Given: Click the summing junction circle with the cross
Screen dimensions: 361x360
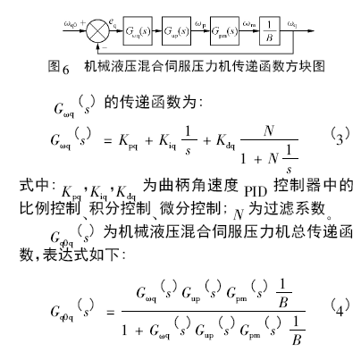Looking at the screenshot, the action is point(98,31).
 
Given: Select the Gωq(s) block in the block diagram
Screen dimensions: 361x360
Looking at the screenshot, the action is point(138,31).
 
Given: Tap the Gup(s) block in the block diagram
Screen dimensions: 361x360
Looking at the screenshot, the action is point(176,31).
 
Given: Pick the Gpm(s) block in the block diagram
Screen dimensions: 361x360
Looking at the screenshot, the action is point(224,31).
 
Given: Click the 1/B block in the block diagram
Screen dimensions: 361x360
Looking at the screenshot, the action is point(270,31).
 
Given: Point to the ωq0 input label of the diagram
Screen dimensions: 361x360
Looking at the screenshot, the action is point(71,23).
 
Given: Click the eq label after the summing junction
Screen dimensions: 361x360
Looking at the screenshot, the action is point(113,22).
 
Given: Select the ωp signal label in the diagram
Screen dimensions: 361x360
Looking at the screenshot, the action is point(200,24).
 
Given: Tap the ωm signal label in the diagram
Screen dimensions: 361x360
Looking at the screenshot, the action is point(249,24).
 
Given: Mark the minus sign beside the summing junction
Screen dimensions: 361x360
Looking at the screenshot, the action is point(105,47).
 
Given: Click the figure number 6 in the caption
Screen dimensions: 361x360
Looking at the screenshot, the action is point(66,69).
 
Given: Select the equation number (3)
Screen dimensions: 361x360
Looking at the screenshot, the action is point(340,137).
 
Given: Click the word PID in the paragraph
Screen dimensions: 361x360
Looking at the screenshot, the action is point(256,191).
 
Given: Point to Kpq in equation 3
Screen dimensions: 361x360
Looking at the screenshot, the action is point(128,141).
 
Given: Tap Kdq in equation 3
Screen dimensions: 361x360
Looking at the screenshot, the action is point(225,141).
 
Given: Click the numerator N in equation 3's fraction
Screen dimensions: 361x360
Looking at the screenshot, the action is point(269,131).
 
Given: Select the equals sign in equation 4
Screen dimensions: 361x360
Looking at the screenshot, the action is point(110,313).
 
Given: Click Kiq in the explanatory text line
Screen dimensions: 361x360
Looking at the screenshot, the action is point(98,193).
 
